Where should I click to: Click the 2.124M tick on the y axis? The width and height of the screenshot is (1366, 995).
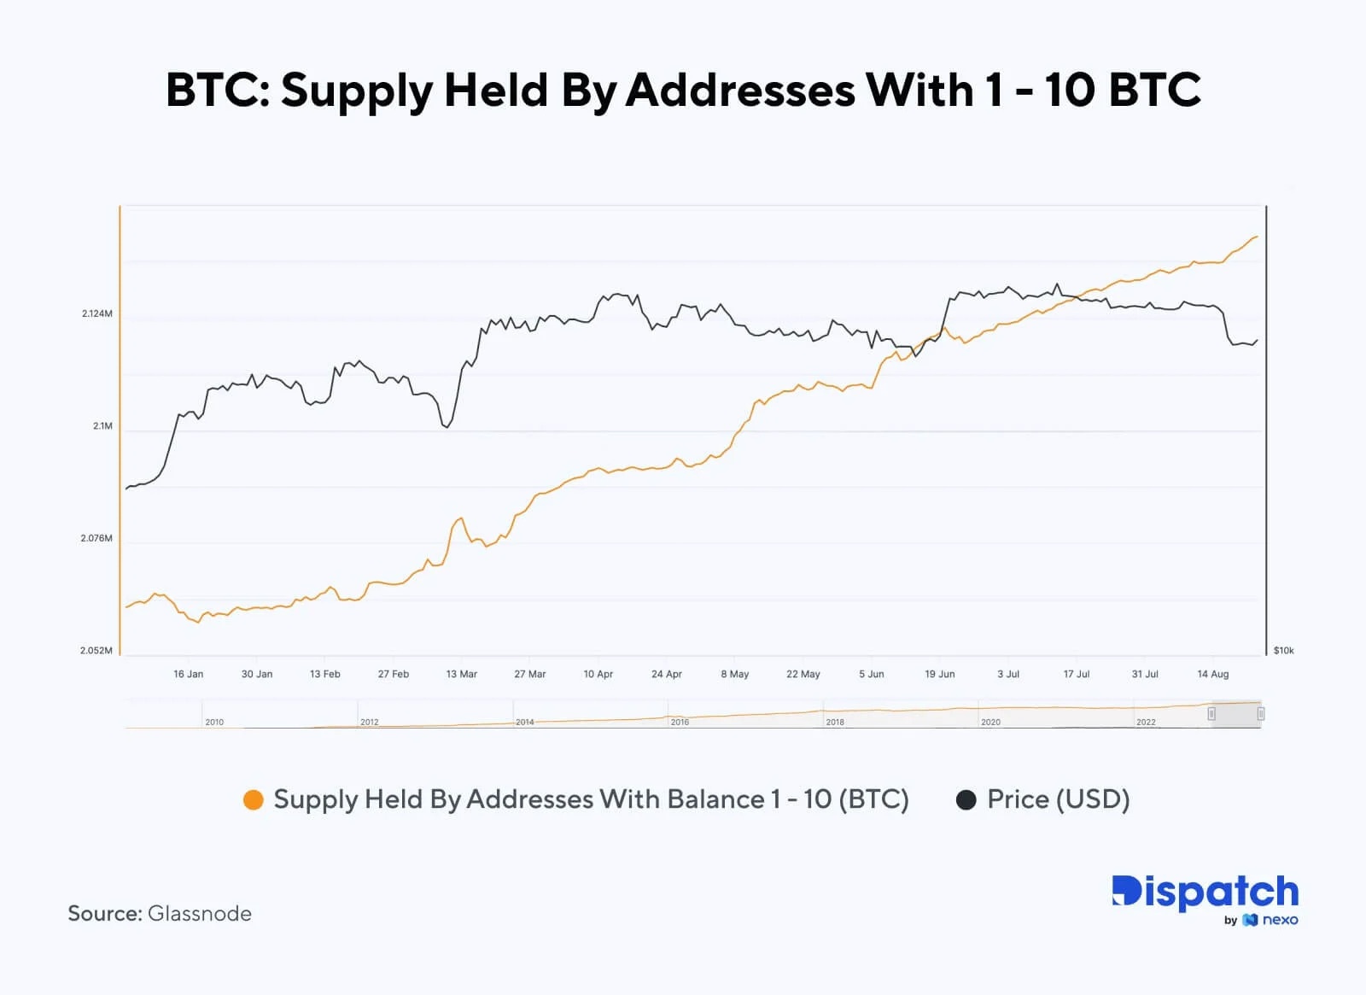tap(97, 313)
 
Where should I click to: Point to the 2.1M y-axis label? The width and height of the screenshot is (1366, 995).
tap(102, 426)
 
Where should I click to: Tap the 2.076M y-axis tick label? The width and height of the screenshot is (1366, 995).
tap(96, 538)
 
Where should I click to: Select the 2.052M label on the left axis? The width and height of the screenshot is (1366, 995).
tap(96, 651)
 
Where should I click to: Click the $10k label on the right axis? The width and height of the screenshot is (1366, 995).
tap(1283, 651)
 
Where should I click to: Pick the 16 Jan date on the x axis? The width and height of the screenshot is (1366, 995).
tap(188, 674)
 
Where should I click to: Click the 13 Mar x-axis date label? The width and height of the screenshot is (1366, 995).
tap(461, 674)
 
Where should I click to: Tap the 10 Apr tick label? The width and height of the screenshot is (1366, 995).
tap(598, 674)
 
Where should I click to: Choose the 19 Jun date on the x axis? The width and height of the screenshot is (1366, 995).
tap(939, 674)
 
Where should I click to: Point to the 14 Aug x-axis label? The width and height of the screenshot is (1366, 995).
tap(1212, 674)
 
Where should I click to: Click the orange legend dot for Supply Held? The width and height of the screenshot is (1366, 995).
tap(254, 800)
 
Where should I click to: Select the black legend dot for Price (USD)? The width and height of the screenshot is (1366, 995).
tap(966, 800)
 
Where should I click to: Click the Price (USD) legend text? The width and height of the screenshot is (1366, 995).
tap(1058, 799)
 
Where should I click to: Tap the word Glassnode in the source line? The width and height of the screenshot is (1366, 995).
tap(200, 914)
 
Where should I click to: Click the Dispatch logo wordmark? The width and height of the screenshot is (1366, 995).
tap(1205, 892)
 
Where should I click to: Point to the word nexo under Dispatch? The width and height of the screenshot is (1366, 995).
tap(1280, 920)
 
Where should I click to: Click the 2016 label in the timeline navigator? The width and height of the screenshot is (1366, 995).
tap(680, 723)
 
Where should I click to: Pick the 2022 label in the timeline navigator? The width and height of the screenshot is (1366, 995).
tap(1146, 723)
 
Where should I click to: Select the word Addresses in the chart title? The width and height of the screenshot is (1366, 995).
tap(740, 91)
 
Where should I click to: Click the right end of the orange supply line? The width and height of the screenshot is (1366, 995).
tap(1257, 237)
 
